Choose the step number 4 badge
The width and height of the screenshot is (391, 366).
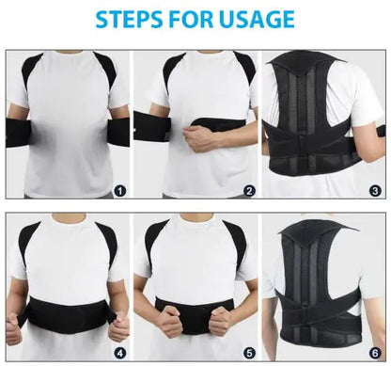click(119, 353)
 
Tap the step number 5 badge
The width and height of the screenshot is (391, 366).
click(249, 353)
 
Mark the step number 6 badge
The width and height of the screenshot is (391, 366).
click(377, 353)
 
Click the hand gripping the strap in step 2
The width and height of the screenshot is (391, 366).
click(201, 138)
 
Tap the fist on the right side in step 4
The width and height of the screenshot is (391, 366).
click(117, 329)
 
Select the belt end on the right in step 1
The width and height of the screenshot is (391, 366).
click(118, 129)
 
